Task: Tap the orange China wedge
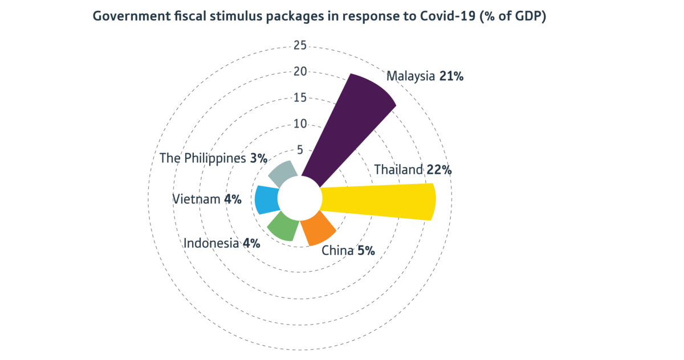point(318,230)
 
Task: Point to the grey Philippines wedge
point(282,173)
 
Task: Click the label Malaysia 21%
point(425,76)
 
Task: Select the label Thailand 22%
point(413,169)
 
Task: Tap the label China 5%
point(348,250)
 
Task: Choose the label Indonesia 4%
point(222,243)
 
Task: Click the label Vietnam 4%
point(206,199)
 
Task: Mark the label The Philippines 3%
point(213,158)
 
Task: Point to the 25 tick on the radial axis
point(300,45)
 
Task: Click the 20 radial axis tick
point(300,71)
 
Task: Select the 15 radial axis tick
point(300,97)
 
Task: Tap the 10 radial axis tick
point(300,124)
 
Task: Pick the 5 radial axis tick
point(300,150)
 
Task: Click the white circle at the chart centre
point(300,198)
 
